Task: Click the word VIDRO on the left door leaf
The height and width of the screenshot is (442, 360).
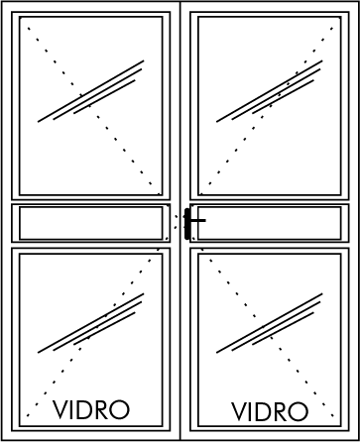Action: [x=91, y=410]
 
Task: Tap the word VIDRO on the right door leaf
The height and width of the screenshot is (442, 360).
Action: [x=270, y=411]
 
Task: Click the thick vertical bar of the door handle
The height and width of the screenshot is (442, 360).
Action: [x=187, y=224]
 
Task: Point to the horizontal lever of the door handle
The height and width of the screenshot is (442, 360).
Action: [x=197, y=220]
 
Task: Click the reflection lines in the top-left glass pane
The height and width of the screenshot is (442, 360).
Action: [x=91, y=91]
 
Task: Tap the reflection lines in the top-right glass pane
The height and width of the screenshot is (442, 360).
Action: [x=270, y=91]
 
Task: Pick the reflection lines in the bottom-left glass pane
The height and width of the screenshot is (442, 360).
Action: [x=91, y=323]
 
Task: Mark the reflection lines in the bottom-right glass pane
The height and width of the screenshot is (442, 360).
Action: [x=270, y=323]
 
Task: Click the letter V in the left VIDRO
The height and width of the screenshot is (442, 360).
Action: [x=60, y=410]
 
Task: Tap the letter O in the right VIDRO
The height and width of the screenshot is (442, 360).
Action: [x=299, y=411]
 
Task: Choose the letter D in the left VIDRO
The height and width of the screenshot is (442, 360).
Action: [x=84, y=410]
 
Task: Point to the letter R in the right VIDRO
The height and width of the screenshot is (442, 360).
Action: [x=281, y=411]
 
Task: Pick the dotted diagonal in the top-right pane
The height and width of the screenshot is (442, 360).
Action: [x=267, y=111]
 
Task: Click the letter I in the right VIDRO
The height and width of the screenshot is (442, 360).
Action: [x=250, y=411]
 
